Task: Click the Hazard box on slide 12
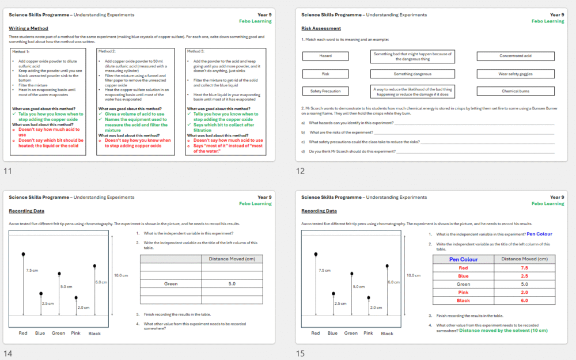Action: [x=325, y=56]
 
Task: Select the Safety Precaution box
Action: [x=325, y=91]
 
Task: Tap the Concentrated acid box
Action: [x=515, y=56]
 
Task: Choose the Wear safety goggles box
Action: [x=515, y=74]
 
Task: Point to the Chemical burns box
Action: [x=515, y=91]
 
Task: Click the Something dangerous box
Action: [x=411, y=74]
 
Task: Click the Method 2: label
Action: [x=107, y=51]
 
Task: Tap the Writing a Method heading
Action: [x=29, y=28]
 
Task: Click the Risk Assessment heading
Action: [x=321, y=28]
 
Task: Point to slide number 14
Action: [x=8, y=354]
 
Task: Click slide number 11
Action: [x=7, y=171]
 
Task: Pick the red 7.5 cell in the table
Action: [x=524, y=268]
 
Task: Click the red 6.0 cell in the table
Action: [x=524, y=300]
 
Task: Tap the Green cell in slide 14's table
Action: [x=170, y=283]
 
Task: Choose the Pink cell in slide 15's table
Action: [x=464, y=292]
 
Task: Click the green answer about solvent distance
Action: [x=503, y=331]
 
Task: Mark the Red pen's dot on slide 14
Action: [x=23, y=253]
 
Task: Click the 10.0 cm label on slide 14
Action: [x=121, y=275]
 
